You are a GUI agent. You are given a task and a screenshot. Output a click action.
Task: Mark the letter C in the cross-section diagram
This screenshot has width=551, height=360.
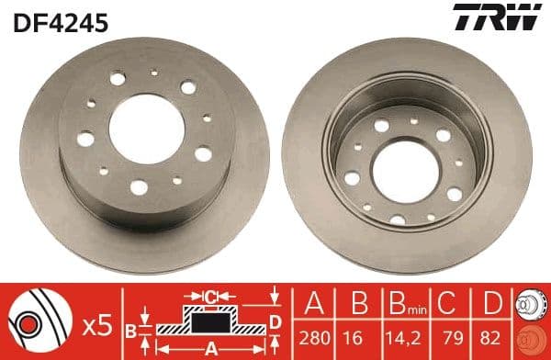pyautogui.click(x=211, y=297)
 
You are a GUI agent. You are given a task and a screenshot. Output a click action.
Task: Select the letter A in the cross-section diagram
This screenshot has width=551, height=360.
pyautogui.click(x=209, y=347)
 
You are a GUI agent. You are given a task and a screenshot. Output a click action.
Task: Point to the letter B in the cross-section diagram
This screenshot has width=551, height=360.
pyautogui.click(x=130, y=329)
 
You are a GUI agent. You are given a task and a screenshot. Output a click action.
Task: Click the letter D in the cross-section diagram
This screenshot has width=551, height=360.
pyautogui.click(x=275, y=321)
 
